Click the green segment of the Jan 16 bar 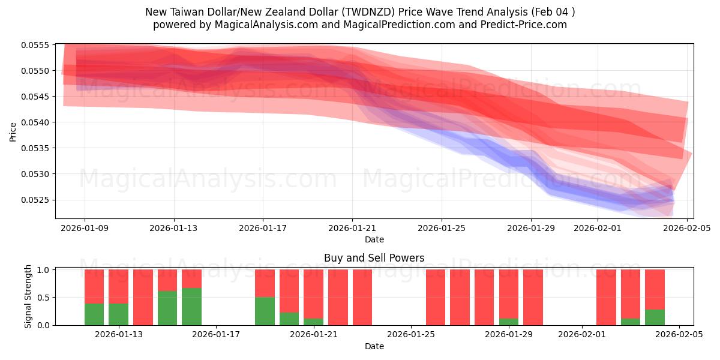(191, 307)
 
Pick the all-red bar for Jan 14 (143, 297)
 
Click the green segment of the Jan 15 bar (167, 308)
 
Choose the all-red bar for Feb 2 (606, 297)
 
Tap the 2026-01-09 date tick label (84, 228)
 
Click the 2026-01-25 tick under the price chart (442, 228)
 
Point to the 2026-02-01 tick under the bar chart (582, 334)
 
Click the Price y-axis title (13, 132)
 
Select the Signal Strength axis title (28, 297)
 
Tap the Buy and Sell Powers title (374, 258)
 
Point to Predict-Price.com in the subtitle (528, 25)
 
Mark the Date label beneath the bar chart (374, 346)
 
